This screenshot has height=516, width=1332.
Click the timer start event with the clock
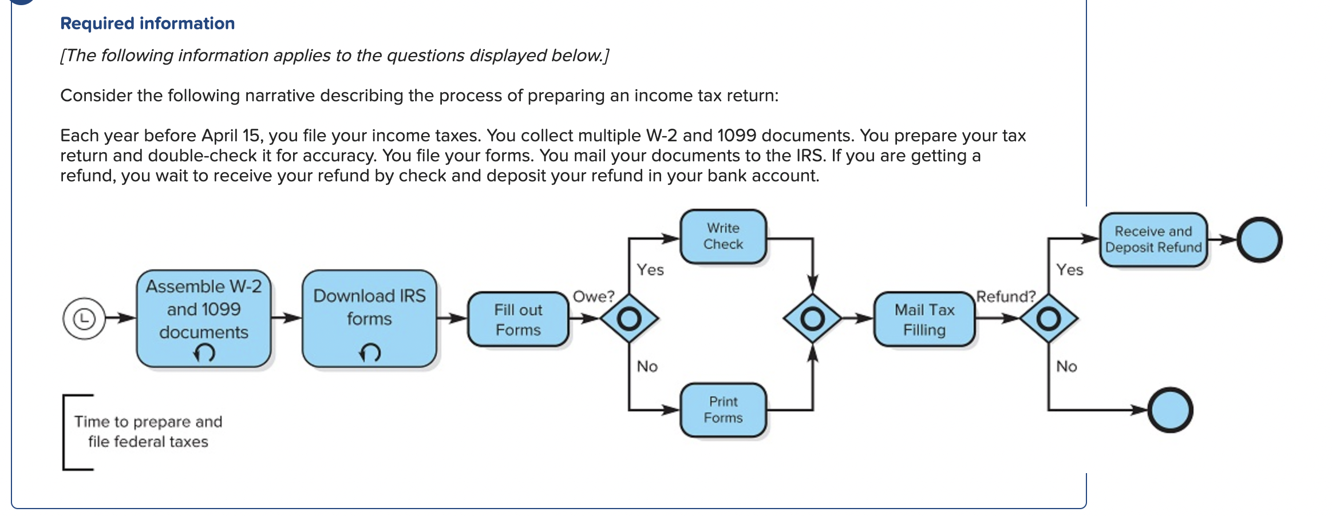coord(84,318)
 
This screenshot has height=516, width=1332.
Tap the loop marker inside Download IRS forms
coord(370,352)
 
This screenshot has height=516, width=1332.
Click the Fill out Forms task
coord(518,319)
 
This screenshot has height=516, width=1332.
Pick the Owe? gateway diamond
coord(629,318)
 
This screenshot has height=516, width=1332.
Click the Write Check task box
coord(723,236)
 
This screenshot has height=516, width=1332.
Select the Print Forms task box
coord(723,410)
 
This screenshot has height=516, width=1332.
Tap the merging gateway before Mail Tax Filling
coord(812,318)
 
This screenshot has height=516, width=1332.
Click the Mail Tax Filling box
coord(924,319)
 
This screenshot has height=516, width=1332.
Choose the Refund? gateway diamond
coord(1048,318)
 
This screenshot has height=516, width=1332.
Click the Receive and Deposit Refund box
coord(1153,239)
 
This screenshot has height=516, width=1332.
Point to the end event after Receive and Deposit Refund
coord(1259,240)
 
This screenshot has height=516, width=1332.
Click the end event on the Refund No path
coord(1170,410)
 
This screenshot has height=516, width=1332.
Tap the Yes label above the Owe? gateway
coord(650,269)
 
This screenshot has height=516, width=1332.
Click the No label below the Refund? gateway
coord(1066,366)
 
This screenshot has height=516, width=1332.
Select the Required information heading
coord(147,23)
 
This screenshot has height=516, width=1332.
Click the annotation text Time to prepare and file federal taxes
coord(148,431)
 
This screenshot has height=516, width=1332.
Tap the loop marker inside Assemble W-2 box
coord(204,353)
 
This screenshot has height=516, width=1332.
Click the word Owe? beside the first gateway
coord(593,296)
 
